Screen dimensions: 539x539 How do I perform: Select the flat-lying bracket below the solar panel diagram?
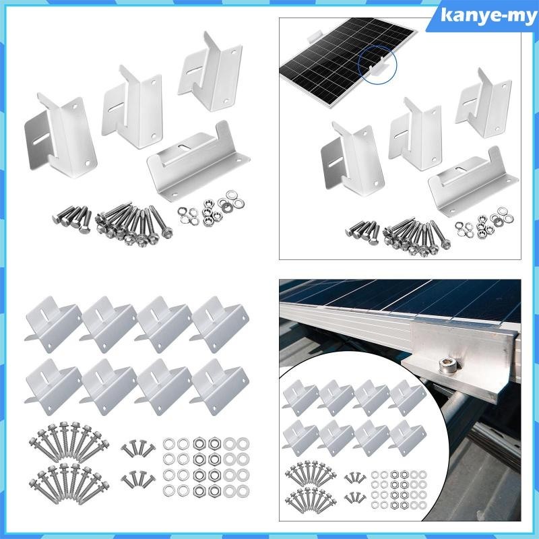tap(466, 177)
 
